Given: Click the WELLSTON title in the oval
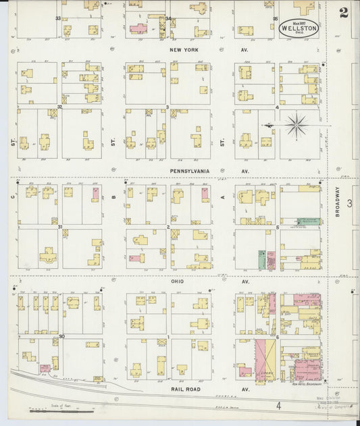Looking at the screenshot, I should point(300,28).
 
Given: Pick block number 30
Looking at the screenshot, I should point(61,336).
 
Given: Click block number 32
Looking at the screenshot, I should point(60,106).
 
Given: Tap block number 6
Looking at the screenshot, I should point(277,336).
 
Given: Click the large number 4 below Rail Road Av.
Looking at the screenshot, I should point(278,406).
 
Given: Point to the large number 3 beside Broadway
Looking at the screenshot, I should point(349,203).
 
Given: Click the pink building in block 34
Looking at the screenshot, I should point(138,29).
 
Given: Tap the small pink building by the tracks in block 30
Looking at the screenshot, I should point(45,368).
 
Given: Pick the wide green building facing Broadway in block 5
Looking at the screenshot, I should point(309,221).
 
